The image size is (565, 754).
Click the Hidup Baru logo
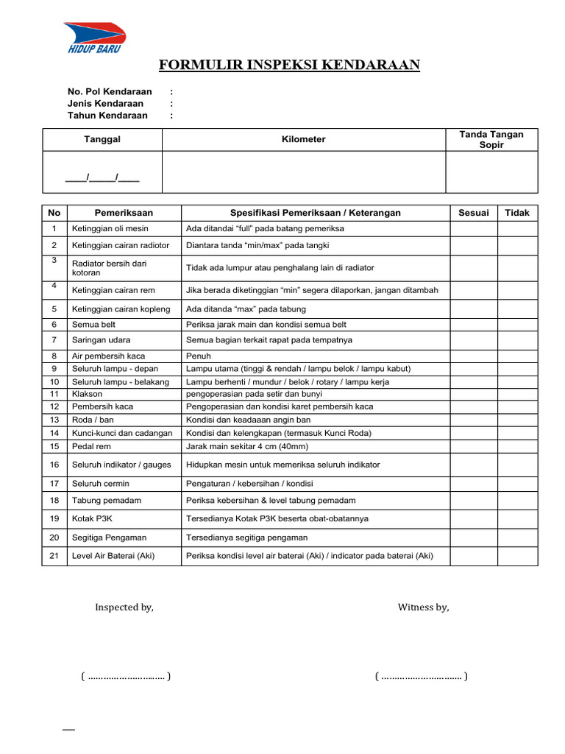[x=94, y=37]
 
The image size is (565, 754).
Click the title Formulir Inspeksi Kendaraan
[x=289, y=66]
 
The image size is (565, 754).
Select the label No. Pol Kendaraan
[x=110, y=91]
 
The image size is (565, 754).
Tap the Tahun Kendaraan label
[x=107, y=115]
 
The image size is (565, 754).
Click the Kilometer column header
[x=304, y=139]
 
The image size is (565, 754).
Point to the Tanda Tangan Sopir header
[x=491, y=139]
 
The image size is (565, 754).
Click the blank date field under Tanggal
[x=102, y=177]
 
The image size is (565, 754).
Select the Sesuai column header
[x=473, y=213]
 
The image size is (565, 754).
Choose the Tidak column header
[x=517, y=213]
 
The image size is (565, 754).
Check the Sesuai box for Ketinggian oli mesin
[x=473, y=229]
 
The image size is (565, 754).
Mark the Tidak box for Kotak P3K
[x=517, y=518]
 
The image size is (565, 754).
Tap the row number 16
[x=54, y=465]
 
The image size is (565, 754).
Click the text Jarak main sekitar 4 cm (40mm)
[x=247, y=446]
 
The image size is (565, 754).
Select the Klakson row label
[x=88, y=394]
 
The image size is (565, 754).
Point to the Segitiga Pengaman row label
[x=109, y=538]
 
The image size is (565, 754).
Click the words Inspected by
[x=124, y=607]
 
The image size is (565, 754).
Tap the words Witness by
[x=423, y=607]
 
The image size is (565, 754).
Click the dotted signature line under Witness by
[x=421, y=676]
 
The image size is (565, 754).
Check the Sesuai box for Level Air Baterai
[x=473, y=556]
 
